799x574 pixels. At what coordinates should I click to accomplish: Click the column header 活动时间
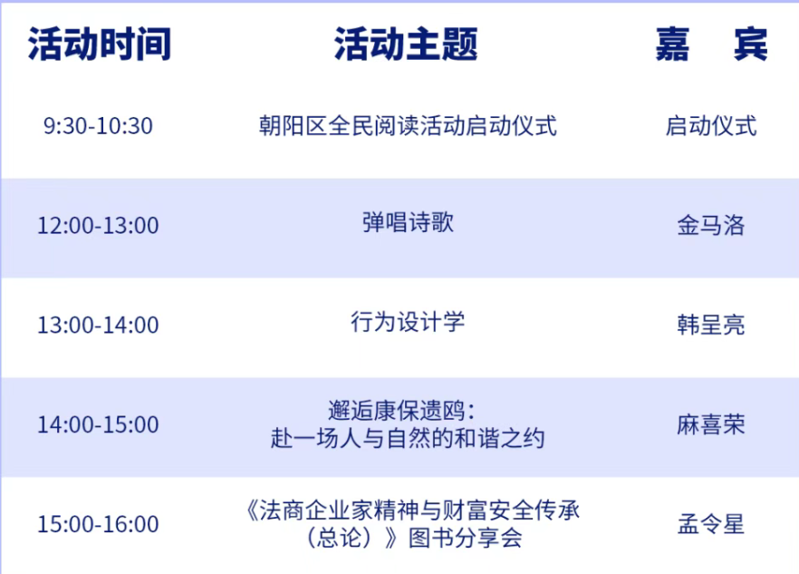point(100,44)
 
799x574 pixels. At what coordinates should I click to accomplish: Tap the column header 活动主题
point(406,44)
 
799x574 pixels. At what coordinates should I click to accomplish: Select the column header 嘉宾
point(711,44)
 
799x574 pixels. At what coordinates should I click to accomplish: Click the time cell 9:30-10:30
point(98,126)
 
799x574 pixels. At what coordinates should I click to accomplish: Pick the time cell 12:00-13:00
point(98,226)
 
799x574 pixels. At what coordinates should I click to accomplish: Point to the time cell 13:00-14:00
point(98,325)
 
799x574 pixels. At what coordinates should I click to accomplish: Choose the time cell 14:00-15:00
point(98,424)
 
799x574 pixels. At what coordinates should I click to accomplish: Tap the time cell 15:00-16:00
point(98,524)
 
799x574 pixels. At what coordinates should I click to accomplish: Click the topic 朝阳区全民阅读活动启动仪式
point(408,125)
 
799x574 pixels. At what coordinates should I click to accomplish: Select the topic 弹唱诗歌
point(408,222)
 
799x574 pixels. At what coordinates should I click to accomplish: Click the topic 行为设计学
point(408,322)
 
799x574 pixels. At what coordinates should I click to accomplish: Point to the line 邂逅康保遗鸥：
point(401,410)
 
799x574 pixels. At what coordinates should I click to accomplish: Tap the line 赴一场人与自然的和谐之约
point(408,438)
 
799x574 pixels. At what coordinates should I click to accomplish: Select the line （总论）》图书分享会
point(414,538)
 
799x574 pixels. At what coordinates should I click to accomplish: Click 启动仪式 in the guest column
point(711,125)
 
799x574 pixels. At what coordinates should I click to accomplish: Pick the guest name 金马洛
point(711,225)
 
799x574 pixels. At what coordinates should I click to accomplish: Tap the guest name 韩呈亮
point(711,325)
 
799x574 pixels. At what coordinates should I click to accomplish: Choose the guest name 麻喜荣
point(711,424)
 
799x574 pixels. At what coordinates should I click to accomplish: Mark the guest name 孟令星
point(711,524)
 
